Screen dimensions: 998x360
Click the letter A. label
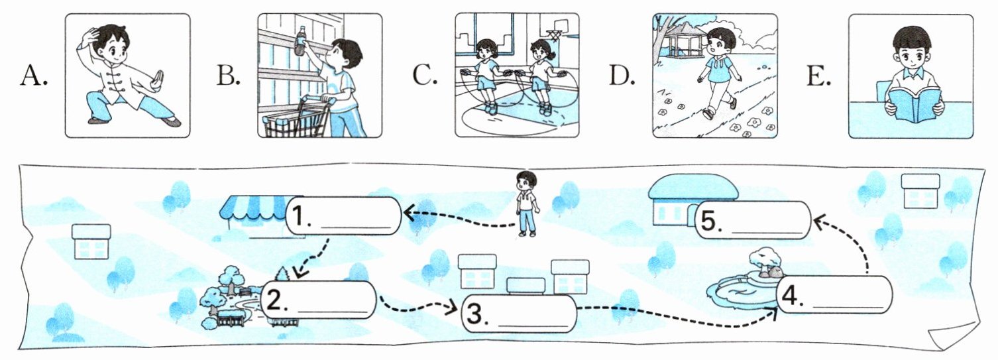[x=33, y=76]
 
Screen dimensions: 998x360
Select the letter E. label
[x=819, y=76]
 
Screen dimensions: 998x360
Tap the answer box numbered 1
[x=343, y=215]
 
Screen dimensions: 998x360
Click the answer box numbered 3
[x=519, y=314]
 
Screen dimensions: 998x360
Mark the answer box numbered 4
[x=834, y=295]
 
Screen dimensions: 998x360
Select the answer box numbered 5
[x=753, y=221]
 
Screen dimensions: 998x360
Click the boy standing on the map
[x=527, y=204]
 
